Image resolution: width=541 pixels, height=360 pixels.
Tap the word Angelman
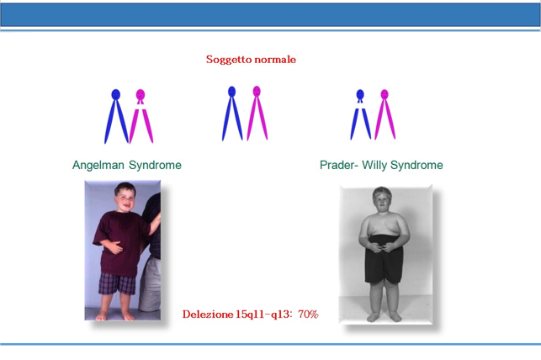(98, 165)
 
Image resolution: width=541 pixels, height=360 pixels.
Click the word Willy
(374, 165)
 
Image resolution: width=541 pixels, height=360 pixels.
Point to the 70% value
(308, 314)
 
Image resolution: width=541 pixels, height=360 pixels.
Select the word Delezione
(208, 314)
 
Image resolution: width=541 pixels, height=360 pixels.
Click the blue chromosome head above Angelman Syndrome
(115, 94)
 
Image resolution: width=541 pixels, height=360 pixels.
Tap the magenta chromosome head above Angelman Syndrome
(141, 94)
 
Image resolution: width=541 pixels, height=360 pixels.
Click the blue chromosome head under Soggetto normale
(232, 92)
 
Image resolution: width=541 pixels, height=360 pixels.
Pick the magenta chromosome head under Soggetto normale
(257, 92)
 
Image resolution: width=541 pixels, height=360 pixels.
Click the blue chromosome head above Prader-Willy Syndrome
(360, 94)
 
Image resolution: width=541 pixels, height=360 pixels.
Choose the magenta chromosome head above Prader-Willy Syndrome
(385, 94)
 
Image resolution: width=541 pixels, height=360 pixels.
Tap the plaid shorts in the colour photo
(117, 283)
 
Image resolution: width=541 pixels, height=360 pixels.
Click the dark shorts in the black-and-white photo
(384, 258)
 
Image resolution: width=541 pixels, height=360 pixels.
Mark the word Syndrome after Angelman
(156, 165)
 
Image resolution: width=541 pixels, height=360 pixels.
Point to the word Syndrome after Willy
(416, 165)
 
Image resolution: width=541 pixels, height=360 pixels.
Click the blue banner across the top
(271, 15)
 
